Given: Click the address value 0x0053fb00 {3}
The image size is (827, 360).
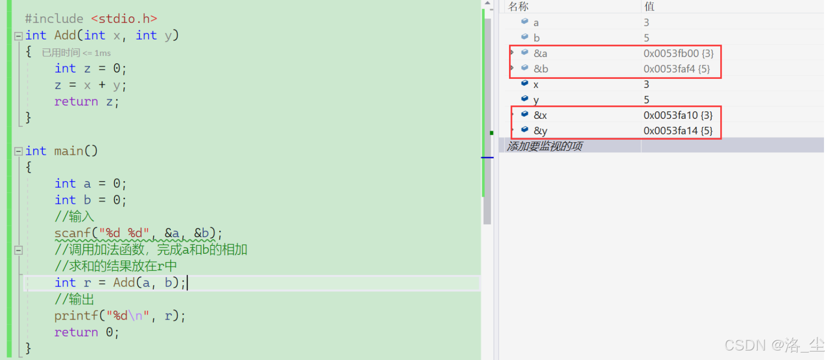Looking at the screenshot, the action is (678, 53).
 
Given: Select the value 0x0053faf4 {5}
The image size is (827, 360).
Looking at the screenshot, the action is (676, 69).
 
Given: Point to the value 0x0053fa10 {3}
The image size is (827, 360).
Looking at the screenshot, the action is (678, 115).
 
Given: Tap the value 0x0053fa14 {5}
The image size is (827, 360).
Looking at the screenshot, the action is (678, 131).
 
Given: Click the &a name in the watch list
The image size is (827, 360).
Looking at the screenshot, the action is (541, 53).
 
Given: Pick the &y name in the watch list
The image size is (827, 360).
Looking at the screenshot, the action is (541, 131).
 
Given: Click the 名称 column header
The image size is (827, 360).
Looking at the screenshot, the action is (518, 6).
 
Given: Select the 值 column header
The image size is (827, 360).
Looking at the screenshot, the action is (649, 6).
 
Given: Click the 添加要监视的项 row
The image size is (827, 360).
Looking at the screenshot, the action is (545, 146).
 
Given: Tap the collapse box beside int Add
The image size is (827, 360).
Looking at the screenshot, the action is (18, 36).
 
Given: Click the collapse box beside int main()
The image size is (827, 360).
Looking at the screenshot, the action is (18, 151).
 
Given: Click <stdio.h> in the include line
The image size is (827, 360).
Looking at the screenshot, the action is (124, 19).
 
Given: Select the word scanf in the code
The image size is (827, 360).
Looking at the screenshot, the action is (72, 233).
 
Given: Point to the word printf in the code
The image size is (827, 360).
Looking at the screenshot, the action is (76, 316).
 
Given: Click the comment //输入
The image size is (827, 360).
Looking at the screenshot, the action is (74, 217).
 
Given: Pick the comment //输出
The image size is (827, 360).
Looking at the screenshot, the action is (74, 299).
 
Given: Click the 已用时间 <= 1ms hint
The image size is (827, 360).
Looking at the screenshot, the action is (76, 53).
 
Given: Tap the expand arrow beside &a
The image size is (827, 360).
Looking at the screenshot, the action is (512, 52).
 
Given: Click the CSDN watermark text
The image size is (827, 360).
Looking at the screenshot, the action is (774, 345).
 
